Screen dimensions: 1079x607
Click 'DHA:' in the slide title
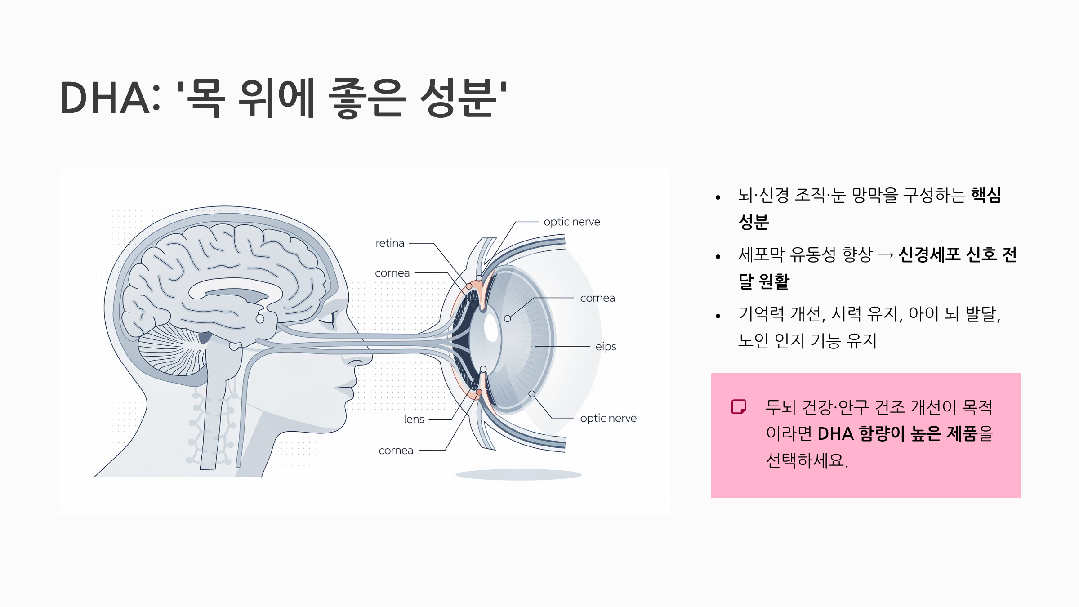[x=110, y=98]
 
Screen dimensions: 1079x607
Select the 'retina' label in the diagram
[x=390, y=243]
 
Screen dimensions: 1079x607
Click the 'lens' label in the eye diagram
[x=414, y=419]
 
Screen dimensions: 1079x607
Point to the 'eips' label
[x=606, y=347]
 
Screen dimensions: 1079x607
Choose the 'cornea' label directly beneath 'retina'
[x=392, y=273]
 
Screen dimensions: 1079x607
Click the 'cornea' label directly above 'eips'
[x=597, y=298]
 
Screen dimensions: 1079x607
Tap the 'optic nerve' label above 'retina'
[x=571, y=222]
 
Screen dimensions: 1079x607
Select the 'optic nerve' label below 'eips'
[x=608, y=418]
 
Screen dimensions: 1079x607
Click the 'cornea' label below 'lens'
[x=396, y=451]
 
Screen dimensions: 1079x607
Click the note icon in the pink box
[x=739, y=406]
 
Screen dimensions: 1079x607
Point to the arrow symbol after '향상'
[x=885, y=255]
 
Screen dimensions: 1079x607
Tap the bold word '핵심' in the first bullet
[x=986, y=195]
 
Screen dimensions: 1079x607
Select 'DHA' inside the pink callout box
[x=835, y=434]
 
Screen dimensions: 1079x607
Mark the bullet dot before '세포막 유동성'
[x=718, y=257]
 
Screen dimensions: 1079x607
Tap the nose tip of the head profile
[x=370, y=358]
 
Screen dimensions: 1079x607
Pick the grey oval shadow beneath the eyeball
[x=518, y=475]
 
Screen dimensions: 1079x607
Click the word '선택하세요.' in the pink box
[x=807, y=460]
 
